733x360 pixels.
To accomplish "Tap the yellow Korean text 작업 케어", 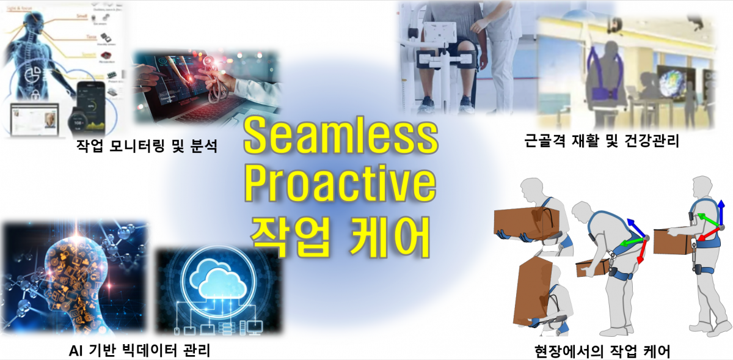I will (340, 233).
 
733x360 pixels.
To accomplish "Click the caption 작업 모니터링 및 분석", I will (147, 147).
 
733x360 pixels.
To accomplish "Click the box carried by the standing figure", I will (672, 241).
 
